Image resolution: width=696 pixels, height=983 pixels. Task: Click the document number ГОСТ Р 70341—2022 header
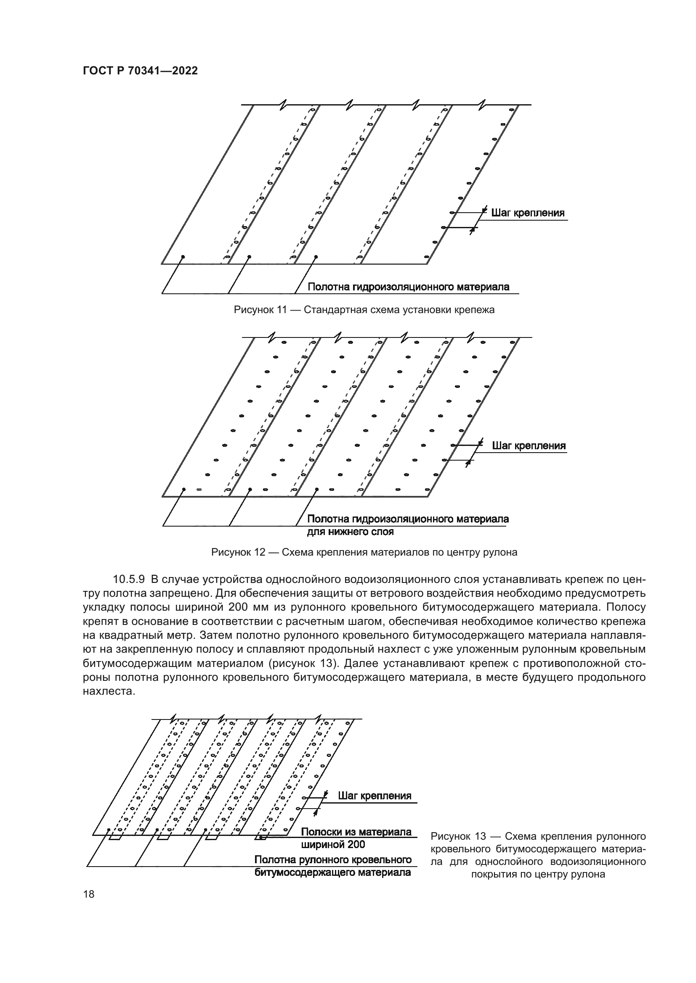[140, 71]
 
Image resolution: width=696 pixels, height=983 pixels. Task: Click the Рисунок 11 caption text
[364, 310]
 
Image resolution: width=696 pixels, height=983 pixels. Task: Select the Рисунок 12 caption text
[364, 552]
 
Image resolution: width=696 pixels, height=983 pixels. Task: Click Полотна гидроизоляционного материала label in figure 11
[409, 287]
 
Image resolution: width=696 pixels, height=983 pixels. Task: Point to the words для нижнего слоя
[350, 532]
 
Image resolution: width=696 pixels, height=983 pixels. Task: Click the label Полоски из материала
[356, 831]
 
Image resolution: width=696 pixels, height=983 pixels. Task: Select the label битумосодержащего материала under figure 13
[332, 872]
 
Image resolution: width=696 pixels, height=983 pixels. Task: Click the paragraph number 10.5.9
[129, 579]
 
